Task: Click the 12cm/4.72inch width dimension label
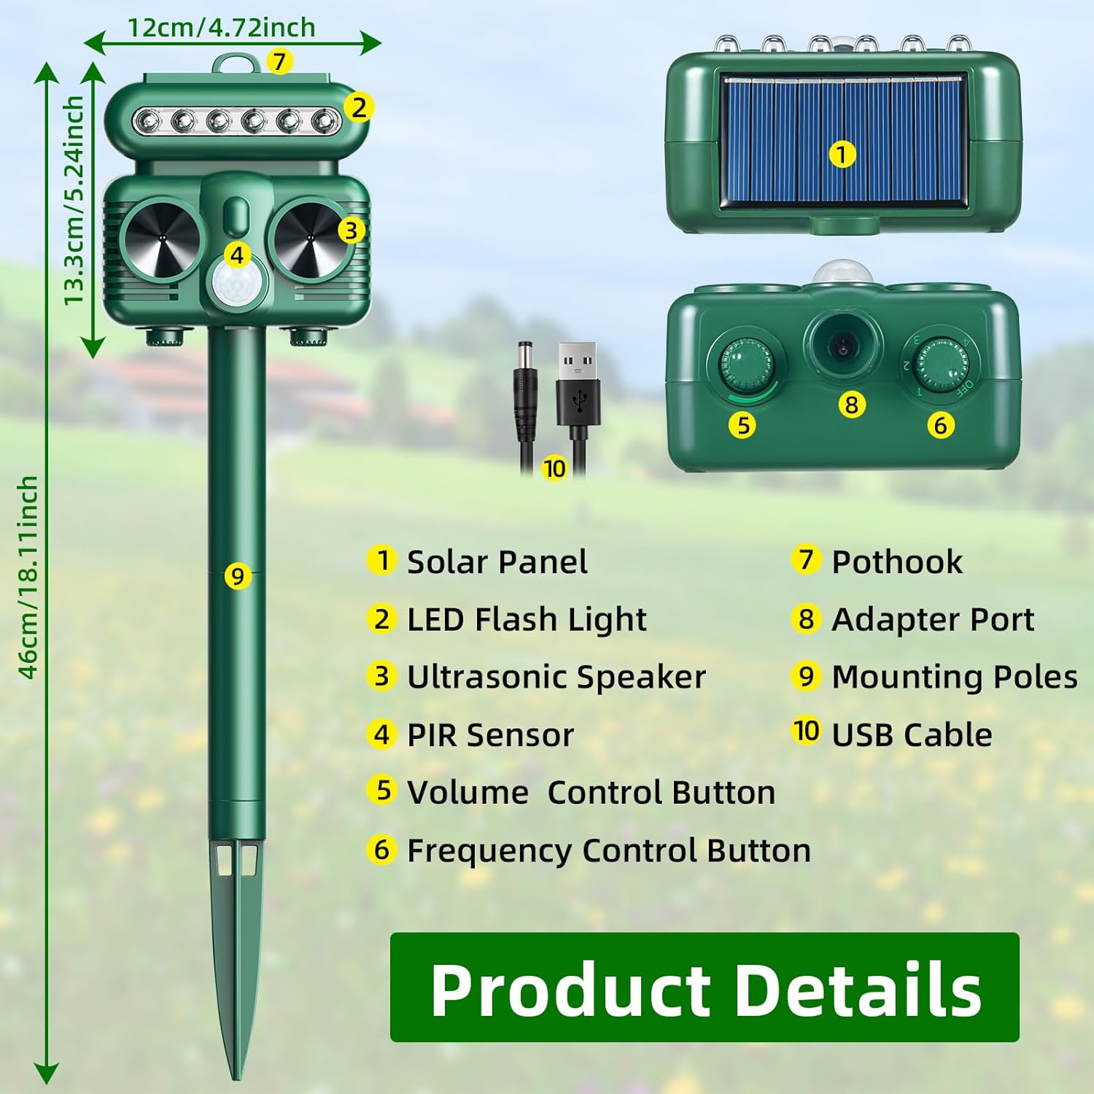(x=221, y=27)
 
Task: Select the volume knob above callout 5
(x=744, y=364)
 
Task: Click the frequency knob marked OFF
(x=941, y=364)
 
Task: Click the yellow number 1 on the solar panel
(x=842, y=155)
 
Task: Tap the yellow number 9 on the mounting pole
(x=237, y=576)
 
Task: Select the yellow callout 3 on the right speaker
(x=351, y=230)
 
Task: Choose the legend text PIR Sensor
(x=490, y=734)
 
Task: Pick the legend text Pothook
(x=896, y=562)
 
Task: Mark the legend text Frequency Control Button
(x=608, y=850)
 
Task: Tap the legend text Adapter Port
(x=932, y=619)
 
